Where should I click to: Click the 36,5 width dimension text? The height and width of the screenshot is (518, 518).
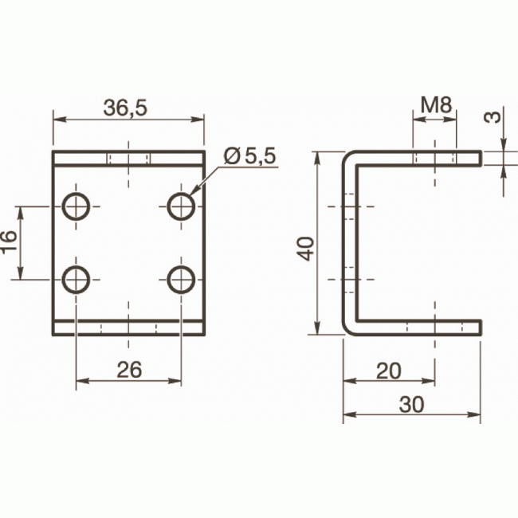coord(125,108)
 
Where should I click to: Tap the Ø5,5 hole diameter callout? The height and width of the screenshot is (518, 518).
coord(249,156)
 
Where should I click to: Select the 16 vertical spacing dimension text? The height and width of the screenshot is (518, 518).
coord(9,242)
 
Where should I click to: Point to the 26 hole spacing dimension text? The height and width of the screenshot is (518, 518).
coord(129,370)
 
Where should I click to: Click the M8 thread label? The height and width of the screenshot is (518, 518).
coord(436,104)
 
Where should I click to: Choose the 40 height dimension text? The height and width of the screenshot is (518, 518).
coord(305,249)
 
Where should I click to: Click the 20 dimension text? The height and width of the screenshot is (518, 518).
coord(389,371)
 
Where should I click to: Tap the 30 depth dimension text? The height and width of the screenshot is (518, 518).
coord(411,404)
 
